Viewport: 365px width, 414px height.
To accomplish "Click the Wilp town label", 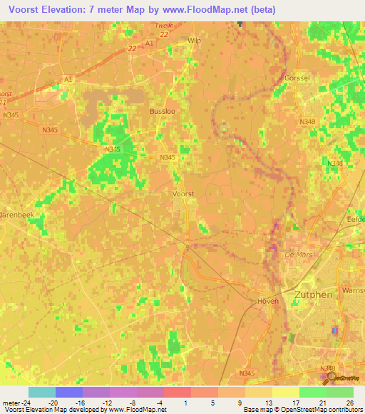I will point(194,42).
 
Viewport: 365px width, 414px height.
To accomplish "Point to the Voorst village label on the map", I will point(184,193).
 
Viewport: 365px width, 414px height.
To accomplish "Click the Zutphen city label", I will point(314,293).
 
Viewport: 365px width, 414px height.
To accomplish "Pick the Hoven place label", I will point(267,301).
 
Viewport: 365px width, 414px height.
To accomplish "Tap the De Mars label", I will point(294,254).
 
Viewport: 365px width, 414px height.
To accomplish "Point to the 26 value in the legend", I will point(349,402).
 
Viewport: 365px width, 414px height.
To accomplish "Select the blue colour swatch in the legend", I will point(69,392).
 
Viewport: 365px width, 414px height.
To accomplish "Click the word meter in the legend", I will point(11,402).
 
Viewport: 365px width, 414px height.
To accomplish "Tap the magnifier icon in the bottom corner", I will point(329,377).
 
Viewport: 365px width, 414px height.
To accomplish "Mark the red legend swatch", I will point(178,392).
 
